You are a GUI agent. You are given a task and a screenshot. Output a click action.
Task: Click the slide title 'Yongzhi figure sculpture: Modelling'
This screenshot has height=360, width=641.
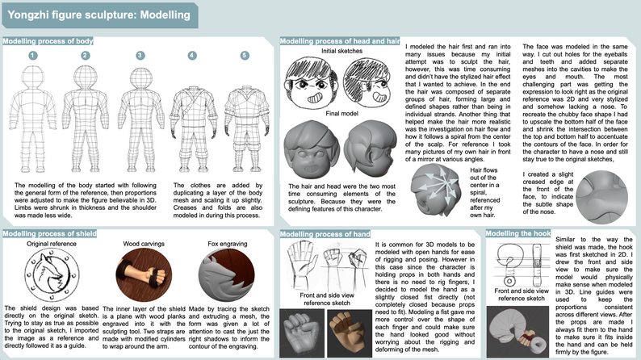pos(99,14)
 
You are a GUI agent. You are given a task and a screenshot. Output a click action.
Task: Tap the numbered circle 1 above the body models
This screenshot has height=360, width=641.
pos(33,55)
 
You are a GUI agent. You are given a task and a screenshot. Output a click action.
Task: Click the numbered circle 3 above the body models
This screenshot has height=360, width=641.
pos(140,55)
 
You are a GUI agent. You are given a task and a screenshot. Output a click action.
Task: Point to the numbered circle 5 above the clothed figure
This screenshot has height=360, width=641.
pos(245,55)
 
